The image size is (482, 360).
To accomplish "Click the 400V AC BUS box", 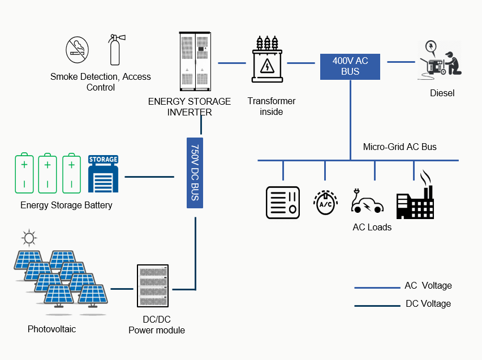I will (350, 66).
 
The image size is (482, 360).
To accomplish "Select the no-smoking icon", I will (77, 50).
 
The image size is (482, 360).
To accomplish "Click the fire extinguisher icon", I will (115, 50).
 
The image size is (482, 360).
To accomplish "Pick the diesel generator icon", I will (440, 59).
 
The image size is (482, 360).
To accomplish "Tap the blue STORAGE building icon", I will (103, 175).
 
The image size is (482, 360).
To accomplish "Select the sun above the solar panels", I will (28, 237).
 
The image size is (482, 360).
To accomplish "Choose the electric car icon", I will (367, 202).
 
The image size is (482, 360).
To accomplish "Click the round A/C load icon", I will (325, 202).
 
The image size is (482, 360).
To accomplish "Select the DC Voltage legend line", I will (377, 306).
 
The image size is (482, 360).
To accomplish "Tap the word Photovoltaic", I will (51, 329).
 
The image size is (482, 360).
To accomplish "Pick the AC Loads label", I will (372, 228).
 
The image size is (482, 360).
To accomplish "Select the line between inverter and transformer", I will (231, 63).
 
